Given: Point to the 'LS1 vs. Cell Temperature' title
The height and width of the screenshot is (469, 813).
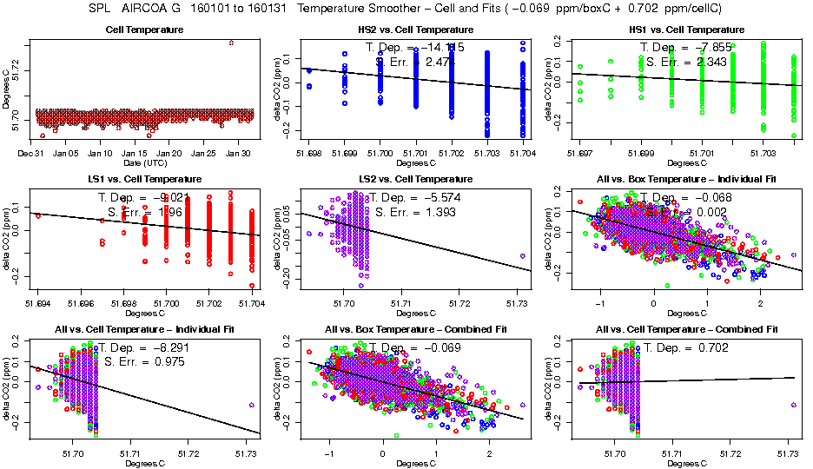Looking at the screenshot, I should click(x=145, y=179).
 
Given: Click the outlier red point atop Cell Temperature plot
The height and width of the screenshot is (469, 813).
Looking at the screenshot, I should click(x=230, y=43).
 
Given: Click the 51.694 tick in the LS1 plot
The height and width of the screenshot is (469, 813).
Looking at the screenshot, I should click(x=38, y=303).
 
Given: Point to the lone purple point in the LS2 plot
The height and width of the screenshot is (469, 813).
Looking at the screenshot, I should click(x=522, y=255).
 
